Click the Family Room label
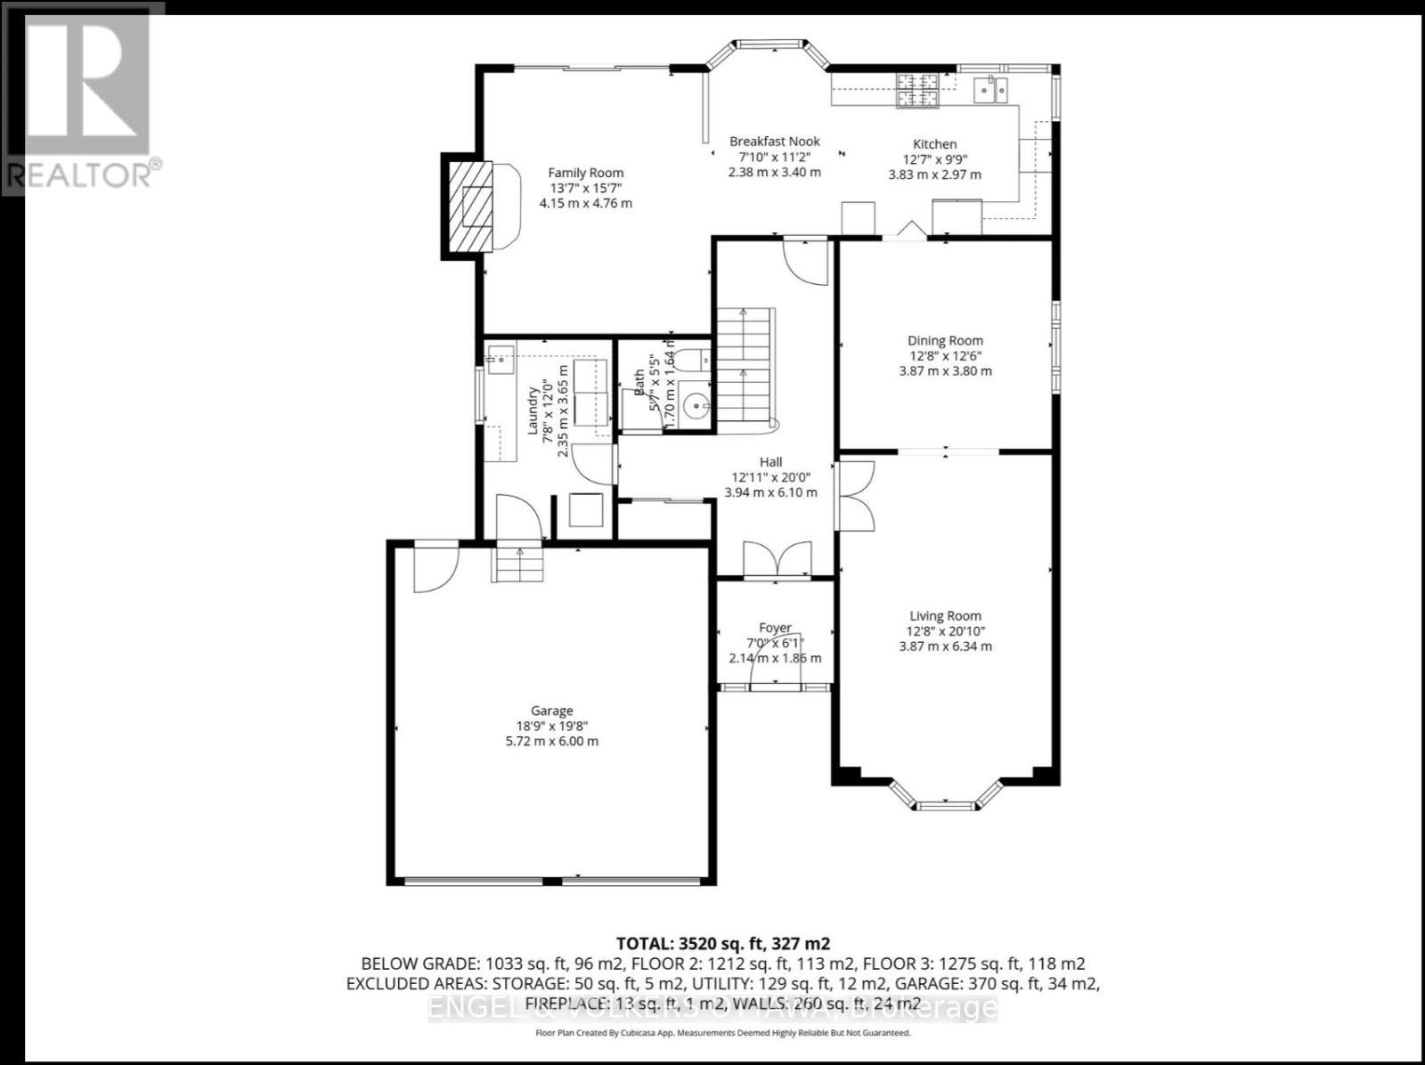(585, 173)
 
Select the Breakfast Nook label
(774, 141)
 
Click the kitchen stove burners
(916, 89)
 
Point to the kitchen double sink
(990, 88)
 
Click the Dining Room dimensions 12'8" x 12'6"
(945, 355)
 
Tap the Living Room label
(945, 615)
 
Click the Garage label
(551, 711)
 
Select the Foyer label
(775, 628)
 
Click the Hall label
(770, 461)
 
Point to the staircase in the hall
(746, 365)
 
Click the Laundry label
(533, 410)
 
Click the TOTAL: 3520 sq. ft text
(722, 943)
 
